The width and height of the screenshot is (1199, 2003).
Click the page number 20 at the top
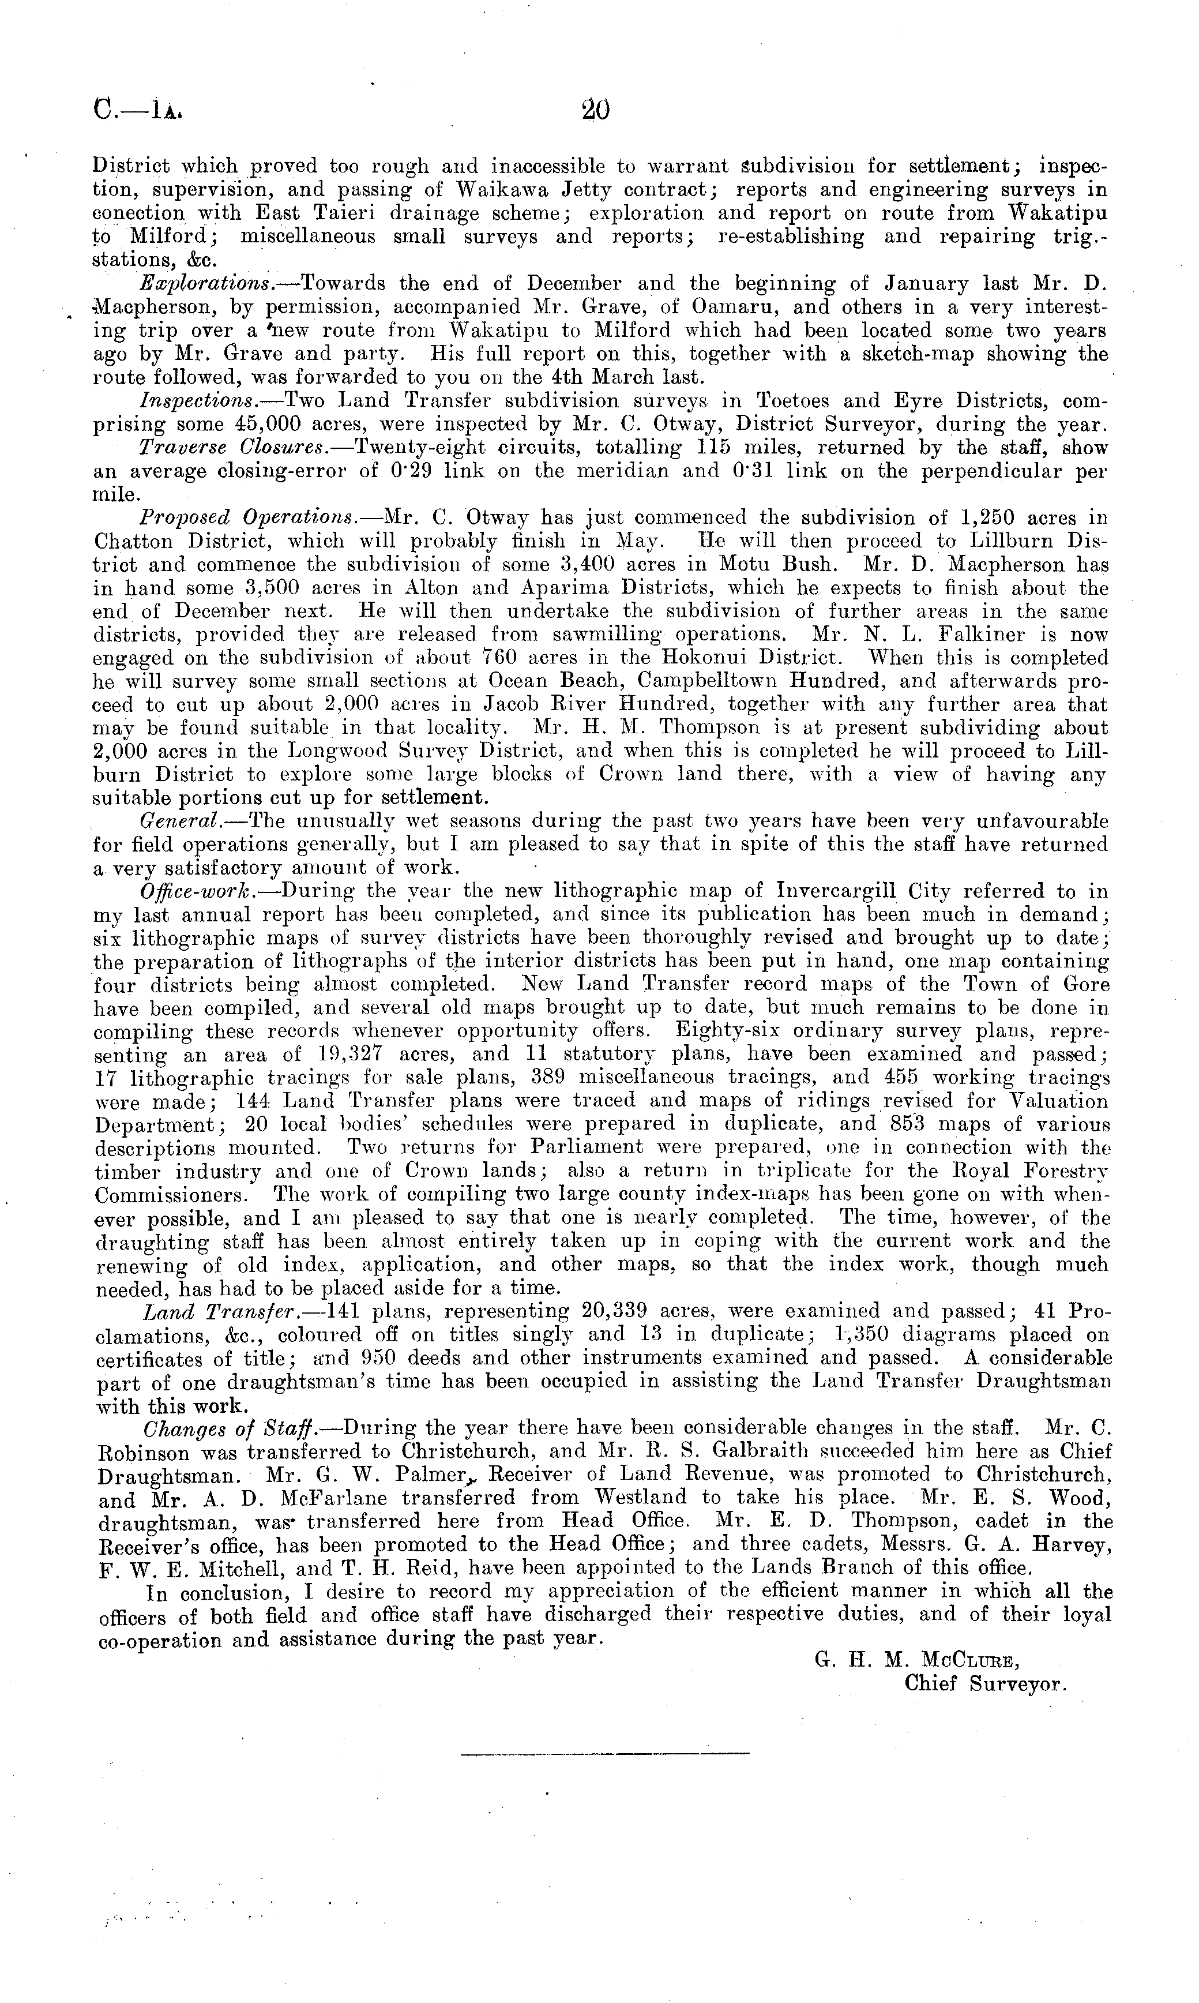pos(595,110)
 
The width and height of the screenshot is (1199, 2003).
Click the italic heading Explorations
pos(205,284)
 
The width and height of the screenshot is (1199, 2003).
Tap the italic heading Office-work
pos(191,891)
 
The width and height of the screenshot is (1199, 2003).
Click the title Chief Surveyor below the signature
pos(986,1685)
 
